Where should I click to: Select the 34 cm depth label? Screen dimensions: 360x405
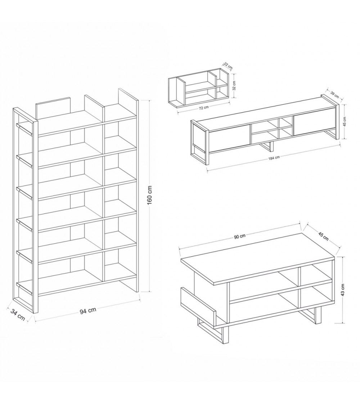click(x=18, y=315)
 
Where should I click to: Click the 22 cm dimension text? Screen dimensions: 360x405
click(x=228, y=66)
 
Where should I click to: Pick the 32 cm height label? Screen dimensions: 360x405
click(x=234, y=85)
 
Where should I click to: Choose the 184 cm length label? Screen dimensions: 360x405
click(x=274, y=158)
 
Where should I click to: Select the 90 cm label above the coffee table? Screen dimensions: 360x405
click(x=240, y=236)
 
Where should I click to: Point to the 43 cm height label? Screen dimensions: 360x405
click(x=343, y=290)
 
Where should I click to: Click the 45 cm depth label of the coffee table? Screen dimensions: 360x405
click(x=323, y=236)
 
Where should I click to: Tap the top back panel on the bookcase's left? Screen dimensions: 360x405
click(x=53, y=108)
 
